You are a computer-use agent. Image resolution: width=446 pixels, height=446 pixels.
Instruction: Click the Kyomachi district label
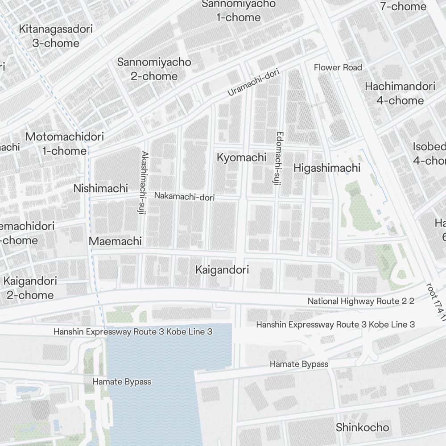[x=241, y=157]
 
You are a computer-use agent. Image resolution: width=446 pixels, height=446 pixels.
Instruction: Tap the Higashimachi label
[x=326, y=168]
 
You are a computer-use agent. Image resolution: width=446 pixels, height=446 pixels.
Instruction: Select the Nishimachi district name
[x=100, y=188]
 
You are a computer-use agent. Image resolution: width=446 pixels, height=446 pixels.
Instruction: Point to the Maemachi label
[x=115, y=241]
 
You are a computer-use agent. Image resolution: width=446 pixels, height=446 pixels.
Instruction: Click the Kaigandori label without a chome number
[x=222, y=270]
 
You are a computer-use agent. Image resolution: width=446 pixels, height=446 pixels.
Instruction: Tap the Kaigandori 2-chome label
[x=30, y=288]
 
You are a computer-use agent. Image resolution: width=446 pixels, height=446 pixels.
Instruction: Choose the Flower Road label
[x=338, y=67]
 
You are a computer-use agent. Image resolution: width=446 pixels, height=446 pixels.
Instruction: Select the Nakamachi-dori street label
[x=184, y=196]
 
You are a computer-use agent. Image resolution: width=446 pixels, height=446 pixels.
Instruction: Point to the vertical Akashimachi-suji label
[x=144, y=183]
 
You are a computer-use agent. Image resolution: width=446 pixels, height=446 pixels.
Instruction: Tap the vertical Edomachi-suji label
[x=278, y=158]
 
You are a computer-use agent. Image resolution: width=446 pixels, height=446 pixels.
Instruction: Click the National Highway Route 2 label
[x=360, y=301]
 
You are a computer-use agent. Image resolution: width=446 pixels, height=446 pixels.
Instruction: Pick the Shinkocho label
[x=362, y=427]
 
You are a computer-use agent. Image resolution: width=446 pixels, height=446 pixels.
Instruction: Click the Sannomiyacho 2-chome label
[x=154, y=69]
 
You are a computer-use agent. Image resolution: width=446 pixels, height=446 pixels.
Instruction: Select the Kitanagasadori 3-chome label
[x=56, y=36]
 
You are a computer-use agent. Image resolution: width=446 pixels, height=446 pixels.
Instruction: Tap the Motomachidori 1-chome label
[x=65, y=144]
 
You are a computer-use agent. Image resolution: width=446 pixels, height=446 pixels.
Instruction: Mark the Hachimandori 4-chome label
[x=400, y=93]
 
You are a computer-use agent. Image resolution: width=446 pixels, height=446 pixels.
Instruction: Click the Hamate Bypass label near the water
[x=122, y=382]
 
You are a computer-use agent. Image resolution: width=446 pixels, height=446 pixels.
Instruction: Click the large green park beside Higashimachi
[x=361, y=210]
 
